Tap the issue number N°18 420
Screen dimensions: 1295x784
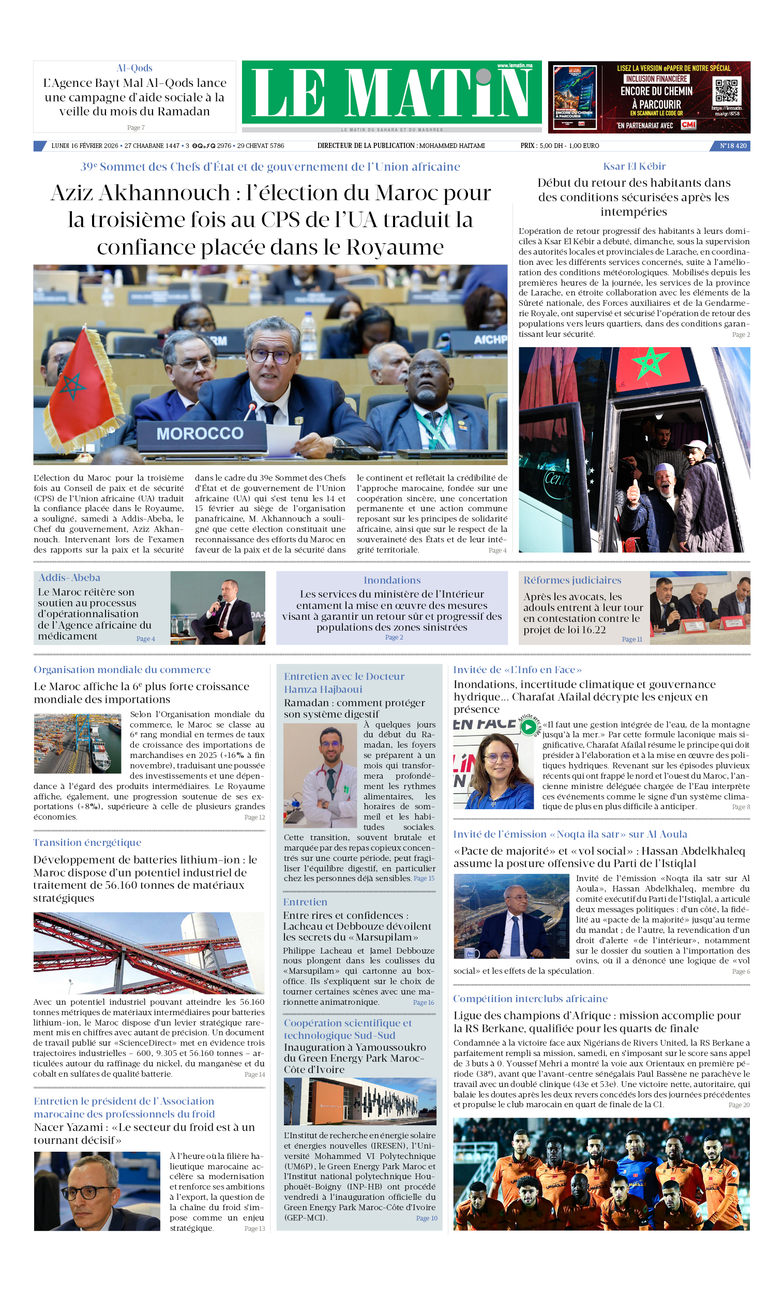tap(732, 145)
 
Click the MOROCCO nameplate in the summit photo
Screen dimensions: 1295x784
tap(200, 434)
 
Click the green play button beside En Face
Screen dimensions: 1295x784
tap(528, 727)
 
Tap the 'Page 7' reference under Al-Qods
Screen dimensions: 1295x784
tap(135, 127)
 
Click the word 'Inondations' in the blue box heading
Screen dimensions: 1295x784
tap(392, 580)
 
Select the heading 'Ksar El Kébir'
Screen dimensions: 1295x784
tap(634, 167)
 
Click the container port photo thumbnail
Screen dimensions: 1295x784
tap(77, 743)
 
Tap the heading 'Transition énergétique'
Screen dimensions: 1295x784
tap(87, 842)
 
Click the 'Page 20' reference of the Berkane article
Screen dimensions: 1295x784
tap(738, 1105)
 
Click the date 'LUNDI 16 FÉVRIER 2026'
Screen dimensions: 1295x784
tap(85, 145)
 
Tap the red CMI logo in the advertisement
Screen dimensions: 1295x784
tap(688, 125)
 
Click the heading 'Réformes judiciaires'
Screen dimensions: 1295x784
tap(572, 580)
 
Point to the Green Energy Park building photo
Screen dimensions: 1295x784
tap(360, 1101)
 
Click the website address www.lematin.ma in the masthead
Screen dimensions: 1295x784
tap(515, 66)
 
